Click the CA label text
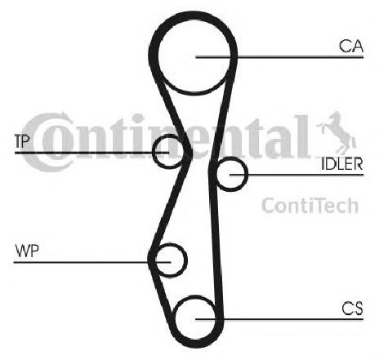pos(351,46)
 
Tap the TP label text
pos(22,141)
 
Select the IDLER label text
pos(342,164)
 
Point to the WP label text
pos(27,251)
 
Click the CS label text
pos(352,309)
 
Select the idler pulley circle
pos(247,174)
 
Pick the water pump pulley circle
pos(186,260)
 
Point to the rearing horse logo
pos(337,133)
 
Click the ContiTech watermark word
pos(310,206)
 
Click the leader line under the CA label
pos(279,57)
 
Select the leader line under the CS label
pos(279,319)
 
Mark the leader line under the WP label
pos(92,262)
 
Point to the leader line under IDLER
pos(297,175)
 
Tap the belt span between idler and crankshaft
pos(216,245)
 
